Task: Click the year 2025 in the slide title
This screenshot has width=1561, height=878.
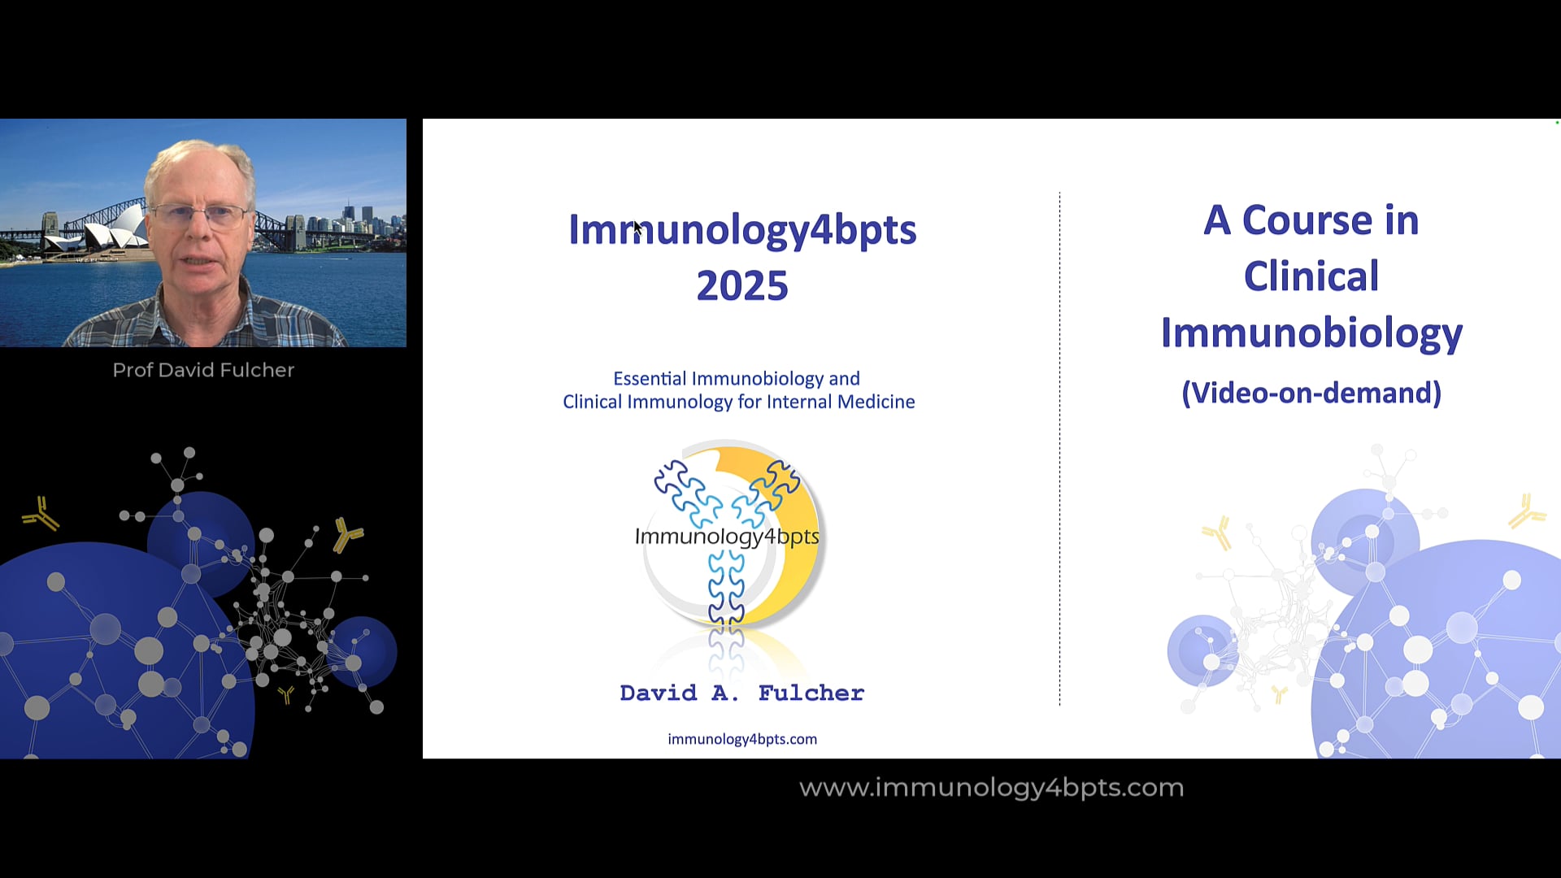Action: [742, 285]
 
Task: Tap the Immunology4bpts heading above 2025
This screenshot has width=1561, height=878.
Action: [742, 230]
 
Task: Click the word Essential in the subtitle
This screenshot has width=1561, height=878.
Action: [650, 378]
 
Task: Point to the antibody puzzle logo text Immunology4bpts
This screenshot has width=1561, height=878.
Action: [727, 537]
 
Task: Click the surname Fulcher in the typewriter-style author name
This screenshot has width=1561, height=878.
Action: [811, 693]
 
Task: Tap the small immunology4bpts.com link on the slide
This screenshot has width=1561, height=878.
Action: [742, 739]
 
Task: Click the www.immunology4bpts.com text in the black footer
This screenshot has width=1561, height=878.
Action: [992, 788]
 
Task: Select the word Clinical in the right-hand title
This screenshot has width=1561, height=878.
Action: [1311, 276]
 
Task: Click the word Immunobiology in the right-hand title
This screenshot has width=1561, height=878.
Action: [1311, 333]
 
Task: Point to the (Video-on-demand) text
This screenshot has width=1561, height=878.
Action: [1311, 393]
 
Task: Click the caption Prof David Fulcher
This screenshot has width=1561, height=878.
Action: [203, 370]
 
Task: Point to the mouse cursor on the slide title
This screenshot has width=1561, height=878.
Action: [637, 228]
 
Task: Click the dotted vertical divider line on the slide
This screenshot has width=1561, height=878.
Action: [1059, 449]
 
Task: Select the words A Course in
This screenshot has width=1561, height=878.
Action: [1311, 220]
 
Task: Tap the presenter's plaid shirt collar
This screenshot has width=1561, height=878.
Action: [203, 313]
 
